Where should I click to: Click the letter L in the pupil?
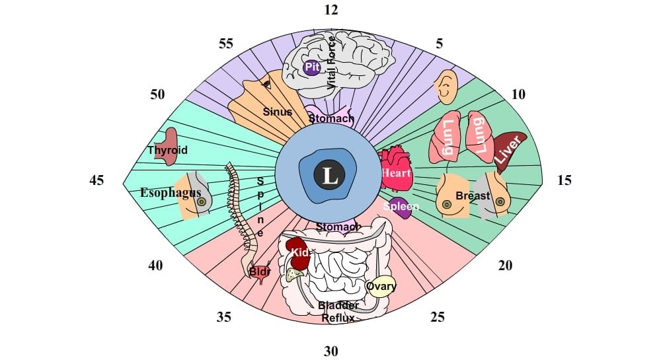tap(329, 176)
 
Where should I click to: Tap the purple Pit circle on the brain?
tap(311, 67)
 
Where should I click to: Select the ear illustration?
tap(446, 85)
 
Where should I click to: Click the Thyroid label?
tap(167, 150)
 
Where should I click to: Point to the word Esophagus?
tap(171, 193)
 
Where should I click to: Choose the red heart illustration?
tap(395, 170)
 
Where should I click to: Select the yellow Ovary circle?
tap(381, 286)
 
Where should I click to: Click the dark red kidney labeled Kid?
tap(298, 254)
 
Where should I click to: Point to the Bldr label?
tap(259, 271)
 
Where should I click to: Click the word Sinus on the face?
tap(278, 112)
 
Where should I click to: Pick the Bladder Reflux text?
tap(338, 312)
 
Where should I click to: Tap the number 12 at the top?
tap(330, 10)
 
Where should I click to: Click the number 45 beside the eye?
tap(97, 180)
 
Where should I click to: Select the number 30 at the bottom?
tap(330, 351)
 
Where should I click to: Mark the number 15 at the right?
tap(564, 180)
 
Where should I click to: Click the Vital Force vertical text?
tap(331, 63)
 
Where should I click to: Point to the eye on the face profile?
tap(266, 84)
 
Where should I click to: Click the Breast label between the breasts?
tap(473, 196)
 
